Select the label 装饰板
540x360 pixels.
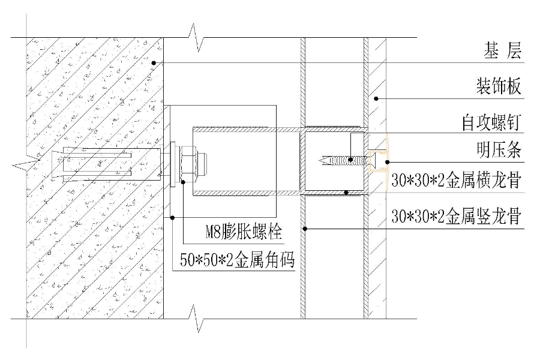[498, 88]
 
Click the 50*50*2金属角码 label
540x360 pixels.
[239, 260]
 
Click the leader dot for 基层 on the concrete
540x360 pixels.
[154, 62]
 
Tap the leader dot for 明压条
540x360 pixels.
[389, 161]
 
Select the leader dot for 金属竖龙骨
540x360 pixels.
[304, 228]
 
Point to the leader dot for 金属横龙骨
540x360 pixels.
[347, 193]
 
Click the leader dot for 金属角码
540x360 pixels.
[172, 217]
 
